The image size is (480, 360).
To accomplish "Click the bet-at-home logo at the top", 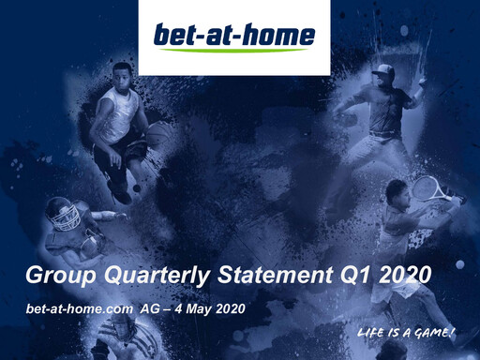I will [234, 37].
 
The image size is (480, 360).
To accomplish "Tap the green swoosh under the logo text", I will [234, 51].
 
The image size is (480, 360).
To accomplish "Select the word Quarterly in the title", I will [147, 276].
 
